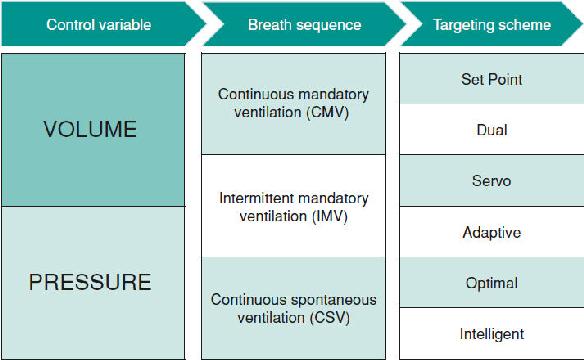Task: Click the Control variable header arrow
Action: (x=102, y=25)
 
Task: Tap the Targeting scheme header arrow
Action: (x=492, y=25)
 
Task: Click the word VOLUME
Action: (x=90, y=129)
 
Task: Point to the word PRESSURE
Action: (x=90, y=282)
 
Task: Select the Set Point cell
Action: (x=492, y=79)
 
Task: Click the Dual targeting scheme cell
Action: (x=492, y=130)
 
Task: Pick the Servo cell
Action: (x=492, y=181)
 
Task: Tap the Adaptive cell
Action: (x=492, y=232)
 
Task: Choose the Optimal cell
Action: (x=492, y=283)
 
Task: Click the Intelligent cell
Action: (x=492, y=334)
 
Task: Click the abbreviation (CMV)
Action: (x=327, y=112)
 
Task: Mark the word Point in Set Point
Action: (x=505, y=79)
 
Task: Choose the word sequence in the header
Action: (x=329, y=25)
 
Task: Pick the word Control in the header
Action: (x=70, y=25)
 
